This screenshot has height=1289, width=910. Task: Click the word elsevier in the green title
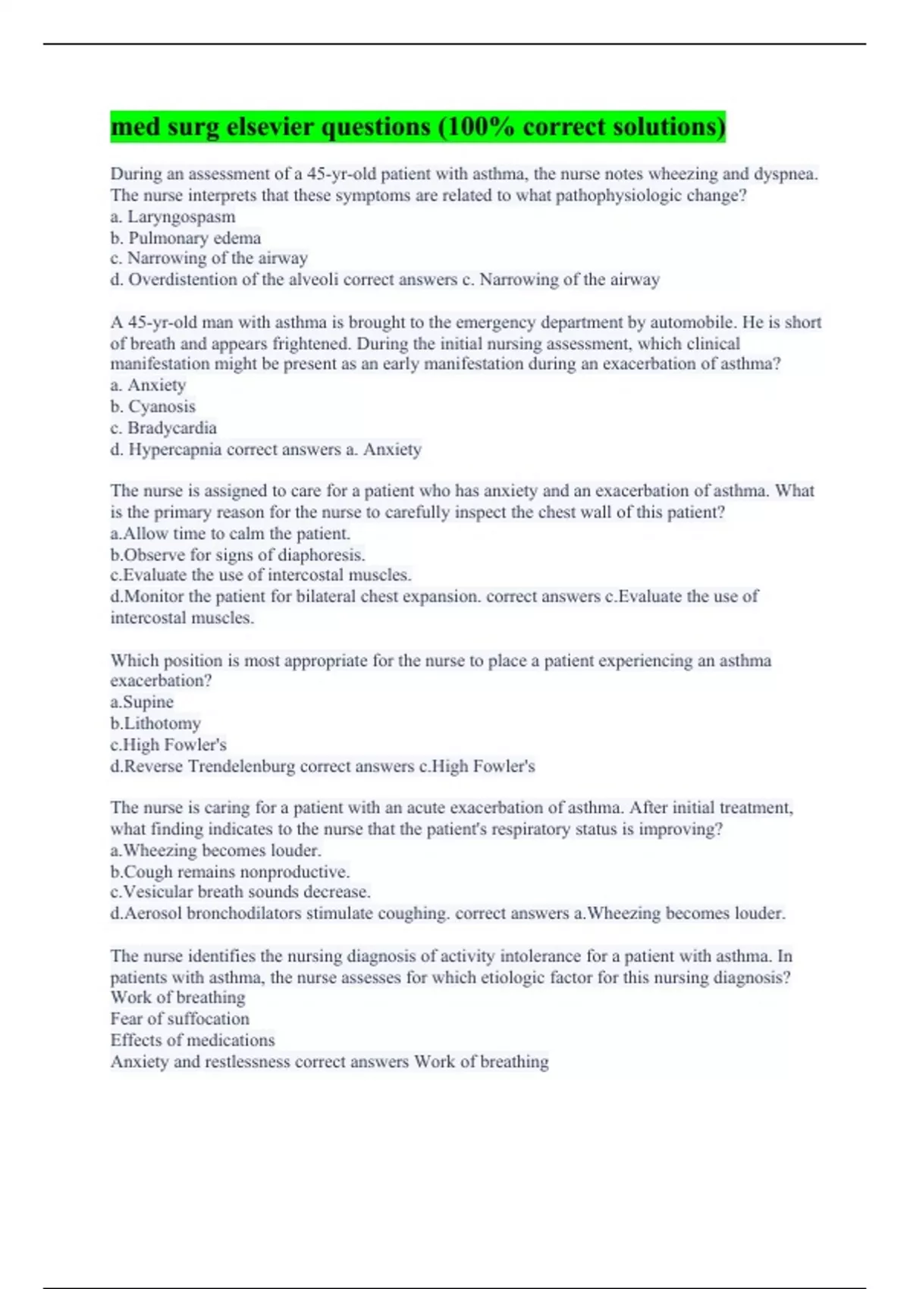tap(270, 127)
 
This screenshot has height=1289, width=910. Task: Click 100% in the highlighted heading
tap(477, 127)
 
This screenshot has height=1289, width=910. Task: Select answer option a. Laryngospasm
tap(173, 217)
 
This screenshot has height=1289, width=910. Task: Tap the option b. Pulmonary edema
tap(186, 238)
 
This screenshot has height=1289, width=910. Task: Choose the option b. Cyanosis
tap(153, 406)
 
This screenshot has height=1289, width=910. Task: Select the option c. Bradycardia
tap(164, 428)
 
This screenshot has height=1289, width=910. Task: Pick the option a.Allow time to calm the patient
tap(231, 534)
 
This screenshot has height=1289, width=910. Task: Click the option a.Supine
tap(142, 702)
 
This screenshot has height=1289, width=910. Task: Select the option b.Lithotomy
tap(155, 723)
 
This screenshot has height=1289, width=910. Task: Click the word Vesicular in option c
tap(157, 892)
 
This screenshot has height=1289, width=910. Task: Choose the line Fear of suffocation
tap(180, 1019)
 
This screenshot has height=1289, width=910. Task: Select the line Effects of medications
tap(193, 1040)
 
